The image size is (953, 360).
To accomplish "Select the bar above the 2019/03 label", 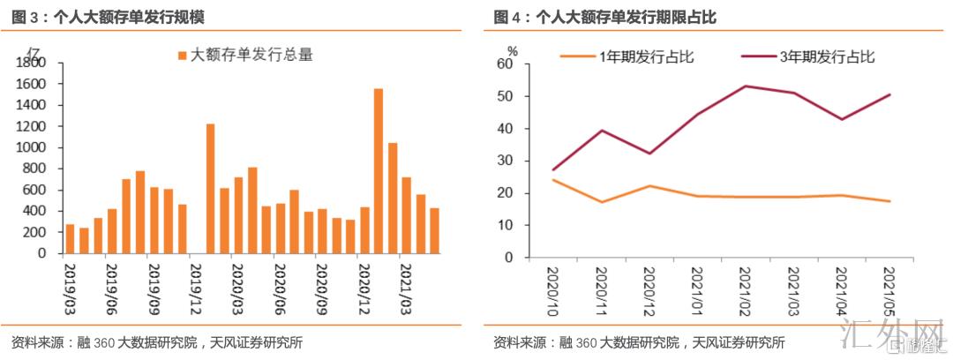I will [x=70, y=238].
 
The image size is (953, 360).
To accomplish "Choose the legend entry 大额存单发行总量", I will [x=245, y=56].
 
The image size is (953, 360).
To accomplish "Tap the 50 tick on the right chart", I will [x=506, y=96].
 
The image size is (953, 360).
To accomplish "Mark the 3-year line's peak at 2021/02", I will [x=746, y=86].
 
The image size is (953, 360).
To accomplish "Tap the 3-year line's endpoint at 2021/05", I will [x=889, y=94].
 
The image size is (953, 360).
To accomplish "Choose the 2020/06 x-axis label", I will [x=281, y=281].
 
